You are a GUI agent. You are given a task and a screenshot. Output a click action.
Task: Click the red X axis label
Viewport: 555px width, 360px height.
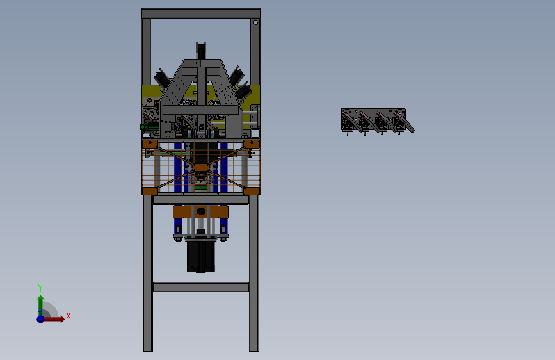click(x=68, y=316)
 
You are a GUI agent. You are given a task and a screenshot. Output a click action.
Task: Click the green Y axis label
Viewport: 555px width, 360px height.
click(x=40, y=288)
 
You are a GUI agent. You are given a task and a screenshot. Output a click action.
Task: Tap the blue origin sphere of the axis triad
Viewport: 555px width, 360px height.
click(x=41, y=319)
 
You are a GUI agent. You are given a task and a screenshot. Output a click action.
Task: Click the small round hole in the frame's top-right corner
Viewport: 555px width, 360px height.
click(x=255, y=22)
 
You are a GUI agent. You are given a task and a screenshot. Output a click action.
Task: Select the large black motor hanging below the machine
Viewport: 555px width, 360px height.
click(x=201, y=256)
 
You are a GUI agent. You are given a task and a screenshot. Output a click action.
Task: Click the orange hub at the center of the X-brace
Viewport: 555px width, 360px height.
click(x=201, y=167)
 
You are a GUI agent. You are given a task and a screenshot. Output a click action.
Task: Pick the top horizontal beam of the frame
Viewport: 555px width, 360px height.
click(x=201, y=13)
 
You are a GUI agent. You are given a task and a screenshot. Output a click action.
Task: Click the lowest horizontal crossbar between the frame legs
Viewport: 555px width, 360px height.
click(x=201, y=287)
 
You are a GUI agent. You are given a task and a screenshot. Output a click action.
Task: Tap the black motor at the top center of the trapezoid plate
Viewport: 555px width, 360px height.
click(x=201, y=51)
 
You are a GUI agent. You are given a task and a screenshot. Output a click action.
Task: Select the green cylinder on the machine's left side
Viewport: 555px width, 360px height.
click(x=149, y=126)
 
